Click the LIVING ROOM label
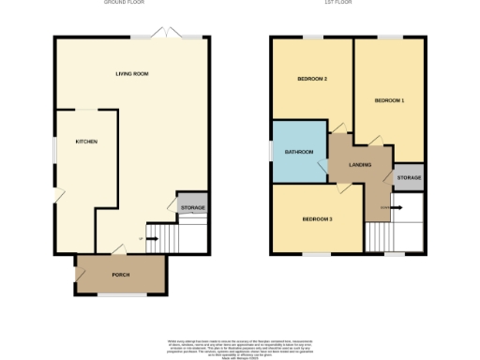pos(132,73)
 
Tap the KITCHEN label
pos(87,142)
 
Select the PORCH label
pos(121,275)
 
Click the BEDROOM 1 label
pos(389,100)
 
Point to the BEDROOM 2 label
pos(312,79)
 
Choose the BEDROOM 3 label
pos(317,219)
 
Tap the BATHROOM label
pos(299,152)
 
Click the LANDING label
pos(360,165)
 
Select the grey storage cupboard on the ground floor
pos(192,207)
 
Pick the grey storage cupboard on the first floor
pos(408,177)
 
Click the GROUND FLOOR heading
pos(128,3)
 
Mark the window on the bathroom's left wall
pos(271,151)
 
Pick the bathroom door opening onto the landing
pos(324,169)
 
